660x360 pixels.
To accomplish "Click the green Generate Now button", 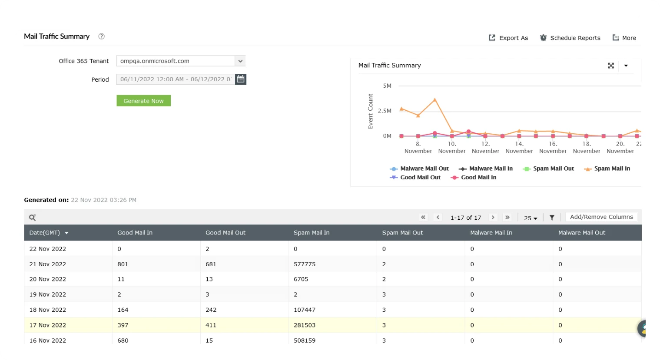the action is tap(143, 101).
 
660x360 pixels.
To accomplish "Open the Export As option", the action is tap(508, 38).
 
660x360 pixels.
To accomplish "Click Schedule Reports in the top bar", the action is tap(570, 38).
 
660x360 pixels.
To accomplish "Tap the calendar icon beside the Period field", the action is tap(240, 79).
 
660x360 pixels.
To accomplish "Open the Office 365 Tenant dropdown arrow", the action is tap(240, 61).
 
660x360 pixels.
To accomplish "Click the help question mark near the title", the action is tap(101, 36).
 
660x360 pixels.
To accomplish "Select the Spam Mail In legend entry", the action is tap(607, 168).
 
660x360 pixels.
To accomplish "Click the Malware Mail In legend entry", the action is tap(486, 168).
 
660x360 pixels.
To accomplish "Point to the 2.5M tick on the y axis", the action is tap(385, 111).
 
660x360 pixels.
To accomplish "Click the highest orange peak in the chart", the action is tap(435, 100).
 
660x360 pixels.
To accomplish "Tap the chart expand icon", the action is tap(611, 66).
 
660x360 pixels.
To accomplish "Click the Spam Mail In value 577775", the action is tap(305, 264).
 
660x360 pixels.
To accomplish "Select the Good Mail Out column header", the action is tap(226, 232).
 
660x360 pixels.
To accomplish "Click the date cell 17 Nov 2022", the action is tap(47, 325).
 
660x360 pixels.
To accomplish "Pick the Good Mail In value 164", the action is tap(123, 310).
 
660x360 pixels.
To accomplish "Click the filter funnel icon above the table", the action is tap(552, 218).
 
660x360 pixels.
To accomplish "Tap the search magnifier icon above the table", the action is tap(33, 218).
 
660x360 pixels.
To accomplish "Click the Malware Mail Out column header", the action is tap(582, 232).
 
